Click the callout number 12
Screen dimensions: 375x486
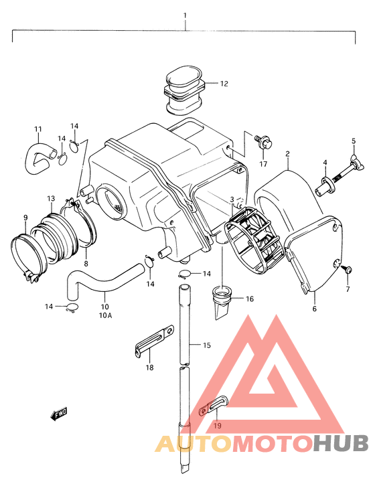(224, 84)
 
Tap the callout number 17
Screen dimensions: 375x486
(263, 164)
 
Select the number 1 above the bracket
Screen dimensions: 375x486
(185, 15)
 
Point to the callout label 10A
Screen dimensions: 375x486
(105, 315)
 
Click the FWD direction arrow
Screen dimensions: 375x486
(59, 414)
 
